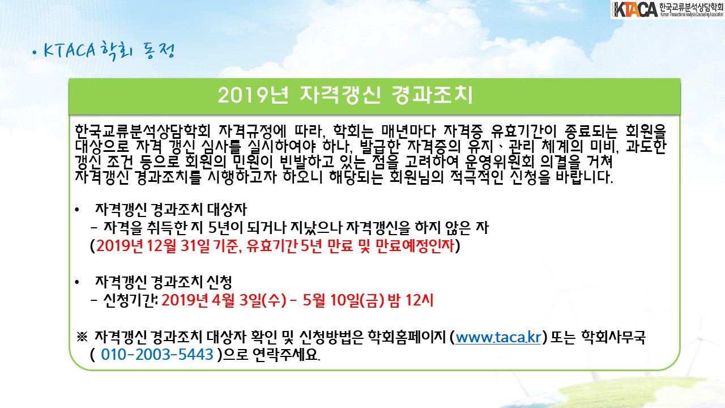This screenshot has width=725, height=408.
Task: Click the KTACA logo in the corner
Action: (x=667, y=10)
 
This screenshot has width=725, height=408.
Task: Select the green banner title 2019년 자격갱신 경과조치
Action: (x=345, y=95)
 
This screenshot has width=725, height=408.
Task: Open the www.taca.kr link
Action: (x=498, y=337)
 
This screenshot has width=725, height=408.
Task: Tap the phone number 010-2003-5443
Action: (x=157, y=354)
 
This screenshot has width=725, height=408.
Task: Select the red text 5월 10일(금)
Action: (x=343, y=300)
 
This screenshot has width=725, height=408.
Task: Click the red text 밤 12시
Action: (x=410, y=300)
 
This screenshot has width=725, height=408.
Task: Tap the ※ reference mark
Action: (x=82, y=337)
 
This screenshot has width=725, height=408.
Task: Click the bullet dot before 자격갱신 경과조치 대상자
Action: (x=76, y=210)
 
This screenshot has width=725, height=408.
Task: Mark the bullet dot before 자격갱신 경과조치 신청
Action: (x=76, y=282)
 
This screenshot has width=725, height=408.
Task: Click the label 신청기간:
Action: (x=130, y=300)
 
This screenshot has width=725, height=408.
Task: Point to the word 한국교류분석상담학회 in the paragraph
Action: (x=143, y=131)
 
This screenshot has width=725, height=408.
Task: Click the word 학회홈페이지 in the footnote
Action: (x=407, y=337)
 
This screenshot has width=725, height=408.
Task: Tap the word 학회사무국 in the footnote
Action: (x=613, y=337)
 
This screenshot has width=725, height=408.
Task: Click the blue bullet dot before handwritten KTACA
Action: (x=35, y=53)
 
